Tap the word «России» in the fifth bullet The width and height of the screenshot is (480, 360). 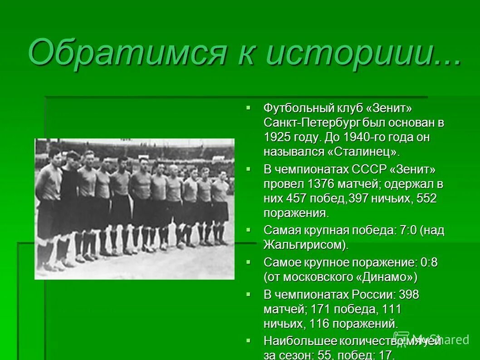click(x=373, y=295)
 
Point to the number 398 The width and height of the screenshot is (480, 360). click(x=409, y=295)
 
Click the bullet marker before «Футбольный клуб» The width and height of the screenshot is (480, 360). click(x=248, y=108)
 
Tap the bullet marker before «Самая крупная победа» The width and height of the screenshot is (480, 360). click(x=248, y=229)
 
